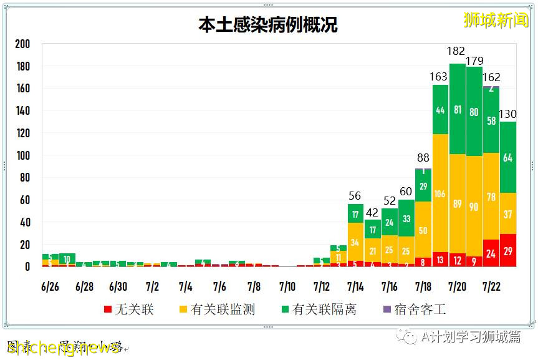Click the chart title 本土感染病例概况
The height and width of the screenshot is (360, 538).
point(268,25)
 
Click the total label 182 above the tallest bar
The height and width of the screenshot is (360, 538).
point(457,51)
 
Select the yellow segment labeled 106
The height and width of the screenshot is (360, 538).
point(440,193)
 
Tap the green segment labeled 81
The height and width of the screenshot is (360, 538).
point(457,110)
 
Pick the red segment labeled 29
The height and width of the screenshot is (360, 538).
point(508,250)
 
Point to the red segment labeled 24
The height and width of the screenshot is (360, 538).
point(491,253)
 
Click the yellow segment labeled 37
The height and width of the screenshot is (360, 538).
point(508,214)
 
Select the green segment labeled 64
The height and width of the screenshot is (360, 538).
point(508,157)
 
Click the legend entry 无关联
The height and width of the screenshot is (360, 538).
point(128,309)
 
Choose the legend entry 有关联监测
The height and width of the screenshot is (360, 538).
point(216,309)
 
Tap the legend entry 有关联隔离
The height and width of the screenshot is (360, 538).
point(318,309)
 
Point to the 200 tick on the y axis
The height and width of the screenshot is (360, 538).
point(22,44)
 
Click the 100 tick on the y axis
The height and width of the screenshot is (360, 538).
point(22,155)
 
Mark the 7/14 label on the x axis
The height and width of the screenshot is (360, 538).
point(355,287)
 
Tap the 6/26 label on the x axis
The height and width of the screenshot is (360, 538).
point(50,287)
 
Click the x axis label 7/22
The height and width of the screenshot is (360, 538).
point(491,287)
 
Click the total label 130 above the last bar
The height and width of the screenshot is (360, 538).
point(508,114)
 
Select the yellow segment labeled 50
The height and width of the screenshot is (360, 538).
point(423,230)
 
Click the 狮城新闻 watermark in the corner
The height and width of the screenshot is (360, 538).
point(496,20)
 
